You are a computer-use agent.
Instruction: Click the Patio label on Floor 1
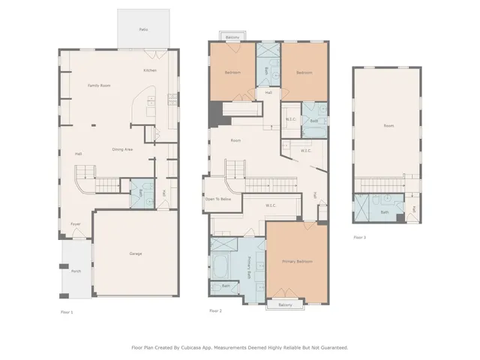point(143,29)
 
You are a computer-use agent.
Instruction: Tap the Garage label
point(136,253)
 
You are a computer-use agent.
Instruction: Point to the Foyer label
point(76,223)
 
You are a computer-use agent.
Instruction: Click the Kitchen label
point(150,70)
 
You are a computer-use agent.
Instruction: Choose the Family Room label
point(99,85)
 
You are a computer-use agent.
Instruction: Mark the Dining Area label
point(123,149)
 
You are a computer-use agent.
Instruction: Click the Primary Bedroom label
point(297,261)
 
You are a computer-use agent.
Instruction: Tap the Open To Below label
point(218,199)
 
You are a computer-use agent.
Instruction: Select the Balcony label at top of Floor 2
point(232,36)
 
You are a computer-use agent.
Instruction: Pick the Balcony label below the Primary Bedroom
point(285,305)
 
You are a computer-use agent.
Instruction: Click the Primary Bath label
point(250,268)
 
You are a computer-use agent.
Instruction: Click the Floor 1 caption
point(67,310)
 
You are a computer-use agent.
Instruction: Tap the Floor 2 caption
point(216,310)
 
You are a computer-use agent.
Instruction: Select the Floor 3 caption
point(360,237)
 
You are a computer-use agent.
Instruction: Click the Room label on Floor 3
point(388,125)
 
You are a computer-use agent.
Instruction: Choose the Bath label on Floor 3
point(384,212)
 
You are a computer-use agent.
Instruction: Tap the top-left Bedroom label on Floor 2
point(232,73)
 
